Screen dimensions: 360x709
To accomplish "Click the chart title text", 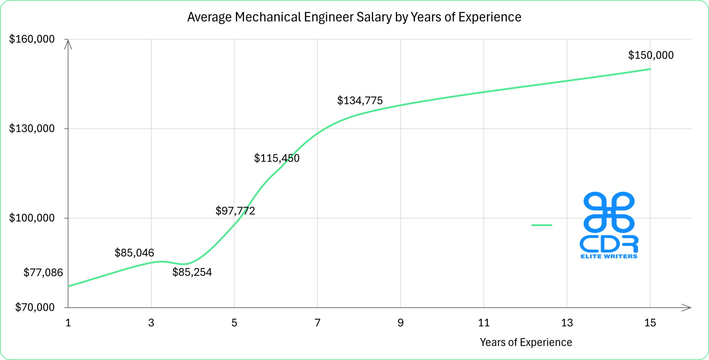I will (x=354, y=17).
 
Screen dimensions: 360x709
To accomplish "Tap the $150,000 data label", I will (x=651, y=55).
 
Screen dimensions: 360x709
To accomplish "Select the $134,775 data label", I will (x=360, y=101).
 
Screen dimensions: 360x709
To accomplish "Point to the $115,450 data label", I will (x=277, y=158).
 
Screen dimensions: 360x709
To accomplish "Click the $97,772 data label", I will (x=235, y=211).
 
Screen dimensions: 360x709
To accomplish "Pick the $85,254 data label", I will (x=192, y=272).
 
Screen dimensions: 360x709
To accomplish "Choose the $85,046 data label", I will (x=134, y=253).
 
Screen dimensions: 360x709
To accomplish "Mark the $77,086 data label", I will (x=43, y=273).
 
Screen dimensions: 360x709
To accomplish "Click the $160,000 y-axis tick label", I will (x=32, y=39).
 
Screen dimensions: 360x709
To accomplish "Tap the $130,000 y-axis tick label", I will (x=32, y=128).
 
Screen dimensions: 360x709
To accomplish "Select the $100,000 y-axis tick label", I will (x=32, y=218).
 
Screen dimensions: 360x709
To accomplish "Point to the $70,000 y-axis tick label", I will (x=35, y=307).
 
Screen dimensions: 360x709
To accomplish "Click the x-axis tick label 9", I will (x=401, y=323).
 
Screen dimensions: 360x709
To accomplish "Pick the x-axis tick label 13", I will (x=567, y=323).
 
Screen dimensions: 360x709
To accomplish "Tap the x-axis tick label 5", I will (x=234, y=323).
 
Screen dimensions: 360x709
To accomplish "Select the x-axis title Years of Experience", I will (x=526, y=342).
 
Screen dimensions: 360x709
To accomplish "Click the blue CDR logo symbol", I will (x=609, y=212).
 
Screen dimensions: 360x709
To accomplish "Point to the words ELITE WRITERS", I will (x=609, y=256).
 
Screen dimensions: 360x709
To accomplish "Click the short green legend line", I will (x=541, y=225).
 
